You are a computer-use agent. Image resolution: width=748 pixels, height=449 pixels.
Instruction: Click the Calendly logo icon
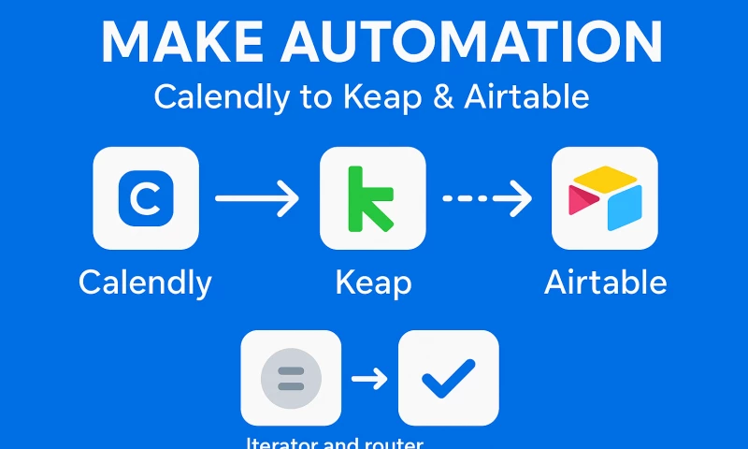146,197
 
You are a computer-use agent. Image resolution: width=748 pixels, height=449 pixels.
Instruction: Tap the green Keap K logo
371,197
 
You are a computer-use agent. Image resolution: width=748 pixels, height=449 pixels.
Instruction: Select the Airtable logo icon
605,198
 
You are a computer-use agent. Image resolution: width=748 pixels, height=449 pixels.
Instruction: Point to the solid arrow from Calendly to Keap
257,198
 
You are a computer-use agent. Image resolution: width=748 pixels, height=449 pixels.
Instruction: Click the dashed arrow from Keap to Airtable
486,198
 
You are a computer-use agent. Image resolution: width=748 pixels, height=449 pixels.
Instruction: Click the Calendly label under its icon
145,282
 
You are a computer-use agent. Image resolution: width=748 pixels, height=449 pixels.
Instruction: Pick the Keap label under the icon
373,282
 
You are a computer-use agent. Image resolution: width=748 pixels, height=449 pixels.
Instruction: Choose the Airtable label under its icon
606,282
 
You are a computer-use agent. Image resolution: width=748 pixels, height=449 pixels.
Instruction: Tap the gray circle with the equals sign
291,379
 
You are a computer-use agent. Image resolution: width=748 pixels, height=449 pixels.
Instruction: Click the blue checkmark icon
449,379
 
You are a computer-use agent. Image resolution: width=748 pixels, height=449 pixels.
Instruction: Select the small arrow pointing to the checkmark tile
369,379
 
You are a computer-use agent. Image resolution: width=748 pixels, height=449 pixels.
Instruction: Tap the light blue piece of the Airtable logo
625,208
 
